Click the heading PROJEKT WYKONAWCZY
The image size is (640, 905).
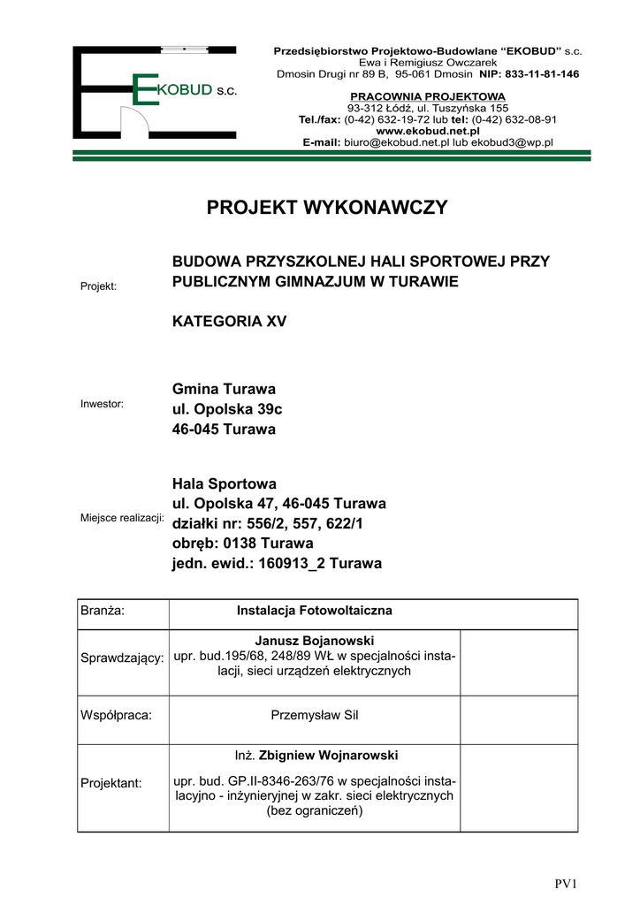point(327,209)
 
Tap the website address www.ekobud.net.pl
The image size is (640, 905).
point(428,130)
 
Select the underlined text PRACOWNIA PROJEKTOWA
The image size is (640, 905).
point(428,96)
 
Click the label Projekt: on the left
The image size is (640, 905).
point(99,286)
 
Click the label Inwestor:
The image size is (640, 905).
point(103,404)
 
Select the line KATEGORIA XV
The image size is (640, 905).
point(229,322)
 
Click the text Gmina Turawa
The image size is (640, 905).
point(224,389)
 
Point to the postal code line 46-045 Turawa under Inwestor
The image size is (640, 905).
point(224,430)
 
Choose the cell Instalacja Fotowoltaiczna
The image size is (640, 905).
point(314,611)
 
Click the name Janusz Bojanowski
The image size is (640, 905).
point(314,639)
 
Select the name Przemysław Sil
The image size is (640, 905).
point(314,715)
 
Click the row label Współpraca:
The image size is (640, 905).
point(116,715)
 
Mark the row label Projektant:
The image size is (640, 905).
point(110,783)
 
